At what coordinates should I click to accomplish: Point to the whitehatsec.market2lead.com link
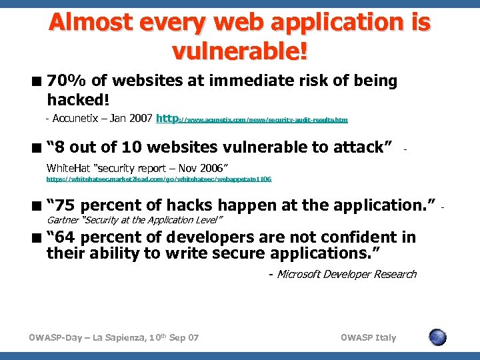click(159, 179)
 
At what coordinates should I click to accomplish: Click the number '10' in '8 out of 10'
click(131, 147)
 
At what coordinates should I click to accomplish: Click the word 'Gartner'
click(62, 219)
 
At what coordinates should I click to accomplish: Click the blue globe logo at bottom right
click(437, 337)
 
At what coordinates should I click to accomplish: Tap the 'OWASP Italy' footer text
click(368, 337)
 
